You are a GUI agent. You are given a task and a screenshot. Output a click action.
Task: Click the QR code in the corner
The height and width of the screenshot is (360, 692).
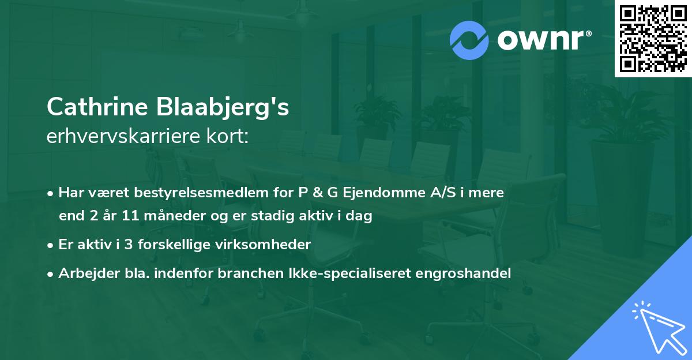point(653,39)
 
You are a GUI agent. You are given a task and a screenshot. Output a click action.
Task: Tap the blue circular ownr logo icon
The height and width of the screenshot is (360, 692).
point(469,40)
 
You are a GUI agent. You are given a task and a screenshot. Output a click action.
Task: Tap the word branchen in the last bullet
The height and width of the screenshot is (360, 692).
point(242,273)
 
